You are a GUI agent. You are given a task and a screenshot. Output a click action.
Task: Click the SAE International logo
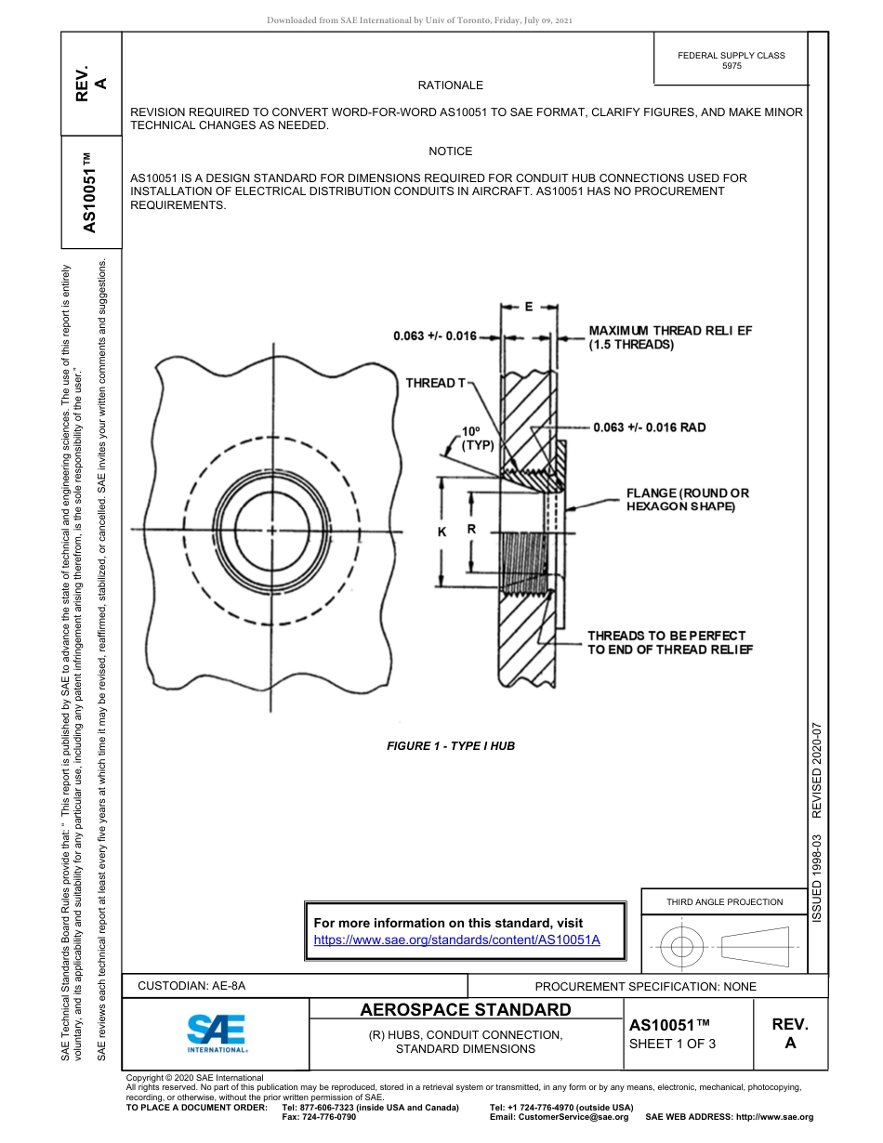[x=217, y=1032]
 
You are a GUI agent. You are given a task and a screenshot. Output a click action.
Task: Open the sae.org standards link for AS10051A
[x=456, y=939]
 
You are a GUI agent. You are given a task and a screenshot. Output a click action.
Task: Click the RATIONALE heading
[x=451, y=85]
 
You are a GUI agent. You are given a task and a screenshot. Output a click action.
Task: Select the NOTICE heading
[x=451, y=151]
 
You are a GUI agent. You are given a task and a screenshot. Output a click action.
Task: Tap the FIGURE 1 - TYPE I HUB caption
[x=451, y=746]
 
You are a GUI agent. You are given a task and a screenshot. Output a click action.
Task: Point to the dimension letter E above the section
[x=528, y=308]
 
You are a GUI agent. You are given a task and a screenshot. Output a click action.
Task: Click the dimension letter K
[x=442, y=531]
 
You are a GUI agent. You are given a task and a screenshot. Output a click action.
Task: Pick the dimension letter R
[x=471, y=530]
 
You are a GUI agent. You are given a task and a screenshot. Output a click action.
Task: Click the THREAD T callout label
[x=436, y=383]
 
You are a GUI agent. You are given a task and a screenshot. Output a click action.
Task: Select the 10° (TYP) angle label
[x=477, y=439]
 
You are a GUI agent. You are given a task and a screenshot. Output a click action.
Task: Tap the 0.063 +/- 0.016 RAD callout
[x=650, y=427]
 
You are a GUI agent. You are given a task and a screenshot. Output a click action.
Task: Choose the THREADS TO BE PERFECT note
[x=669, y=642]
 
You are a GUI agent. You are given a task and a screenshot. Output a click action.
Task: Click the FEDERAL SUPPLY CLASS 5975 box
[x=731, y=60]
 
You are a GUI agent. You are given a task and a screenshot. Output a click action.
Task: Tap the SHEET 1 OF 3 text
[x=673, y=1044]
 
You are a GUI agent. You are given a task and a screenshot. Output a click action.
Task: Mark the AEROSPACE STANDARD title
[x=466, y=1010]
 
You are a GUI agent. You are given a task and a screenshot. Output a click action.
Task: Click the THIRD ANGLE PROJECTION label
[x=724, y=901]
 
